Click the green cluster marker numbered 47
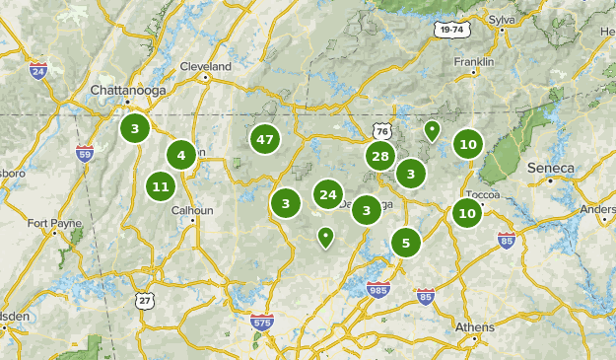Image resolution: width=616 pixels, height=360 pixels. tap(264, 140)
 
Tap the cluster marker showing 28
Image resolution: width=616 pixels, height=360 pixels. tap(380, 156)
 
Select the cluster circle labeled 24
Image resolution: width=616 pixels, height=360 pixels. tap(328, 195)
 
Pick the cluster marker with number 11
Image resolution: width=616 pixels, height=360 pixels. tap(161, 186)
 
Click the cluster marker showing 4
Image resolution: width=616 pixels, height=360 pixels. tap(180, 155)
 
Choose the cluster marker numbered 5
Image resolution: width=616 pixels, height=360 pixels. tap(405, 242)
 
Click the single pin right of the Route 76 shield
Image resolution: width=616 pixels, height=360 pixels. tap(431, 129)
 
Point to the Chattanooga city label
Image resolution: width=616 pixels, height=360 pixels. tap(124, 90)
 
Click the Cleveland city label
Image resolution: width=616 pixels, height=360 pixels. tap(205, 66)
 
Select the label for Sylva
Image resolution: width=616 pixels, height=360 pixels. tap(503, 18)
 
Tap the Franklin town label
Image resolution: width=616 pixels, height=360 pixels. tap(473, 61)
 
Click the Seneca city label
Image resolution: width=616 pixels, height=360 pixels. tap(551, 168)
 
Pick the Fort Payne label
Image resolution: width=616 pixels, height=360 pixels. tap(54, 223)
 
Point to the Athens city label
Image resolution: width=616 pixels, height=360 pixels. tap(475, 327)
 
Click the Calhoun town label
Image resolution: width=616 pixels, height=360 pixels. tap(192, 209)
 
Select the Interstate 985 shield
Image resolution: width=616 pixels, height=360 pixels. tap(377, 289)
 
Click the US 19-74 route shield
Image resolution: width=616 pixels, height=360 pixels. tap(449, 31)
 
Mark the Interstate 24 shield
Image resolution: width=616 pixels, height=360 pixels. tap(38, 71)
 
